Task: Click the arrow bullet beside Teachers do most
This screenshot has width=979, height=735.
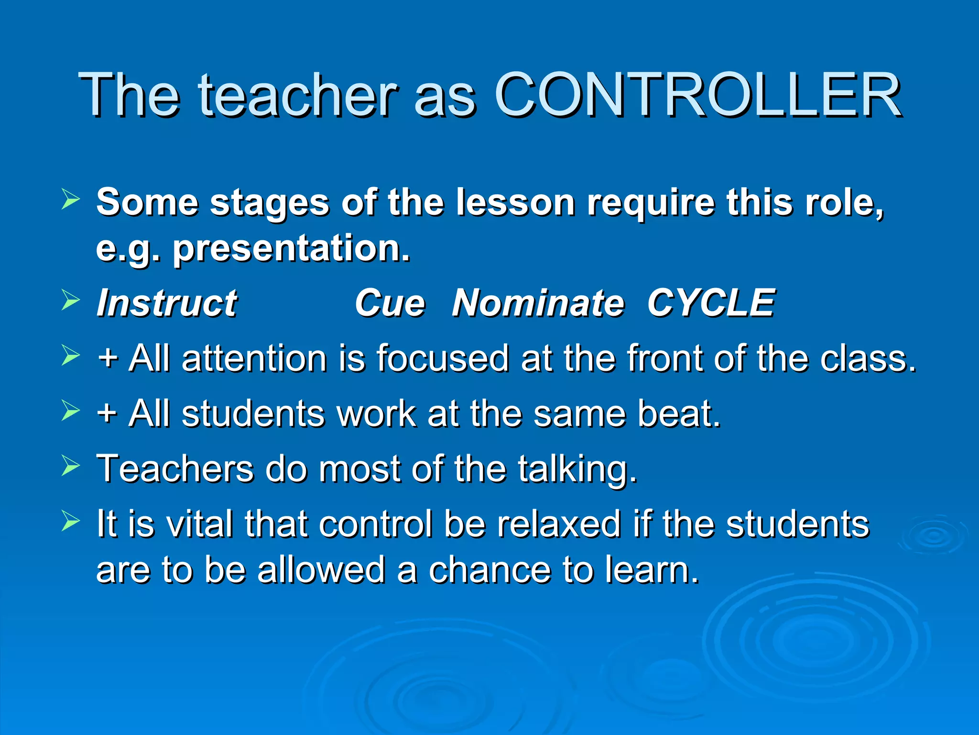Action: (70, 465)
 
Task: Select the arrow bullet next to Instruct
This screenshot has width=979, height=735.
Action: (70, 301)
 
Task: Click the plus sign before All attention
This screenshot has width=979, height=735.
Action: (107, 358)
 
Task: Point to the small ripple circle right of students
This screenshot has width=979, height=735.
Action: (933, 536)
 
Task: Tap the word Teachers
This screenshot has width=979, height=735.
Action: (174, 469)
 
